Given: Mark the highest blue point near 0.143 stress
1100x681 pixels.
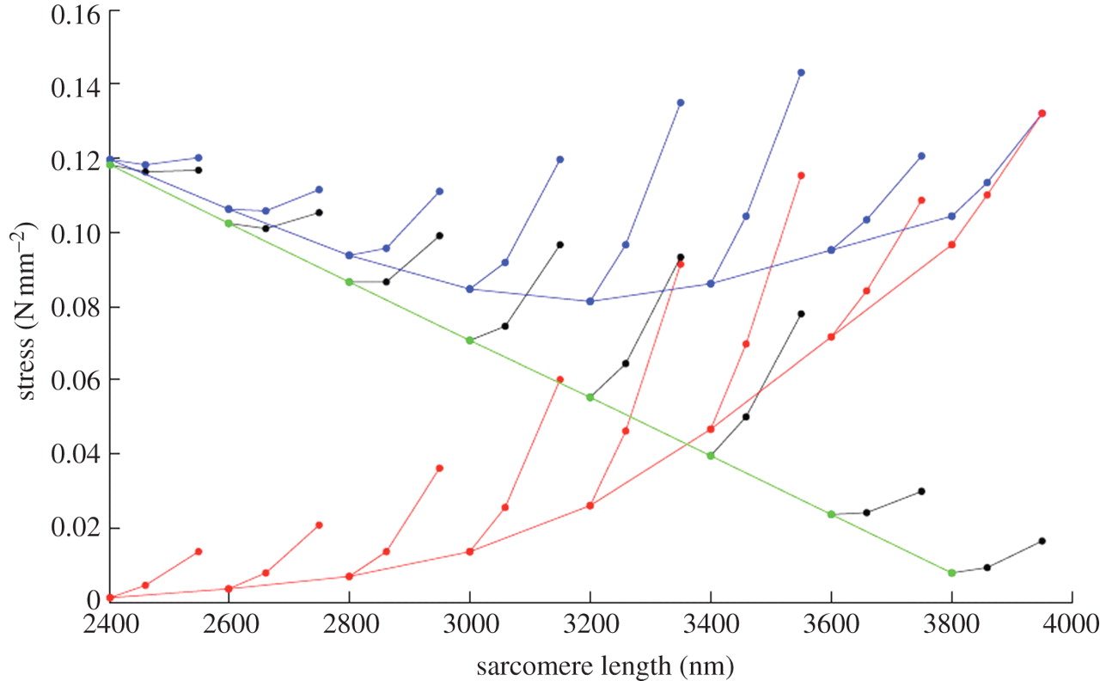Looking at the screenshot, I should [801, 72].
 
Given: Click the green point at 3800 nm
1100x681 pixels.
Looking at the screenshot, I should [951, 573].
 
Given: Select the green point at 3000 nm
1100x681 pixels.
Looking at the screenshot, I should [469, 340].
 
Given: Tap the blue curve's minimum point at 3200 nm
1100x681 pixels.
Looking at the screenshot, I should [590, 301].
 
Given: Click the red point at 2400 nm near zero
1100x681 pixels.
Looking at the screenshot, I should [110, 598].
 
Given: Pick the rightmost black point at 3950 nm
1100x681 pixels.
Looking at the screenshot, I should [1042, 541].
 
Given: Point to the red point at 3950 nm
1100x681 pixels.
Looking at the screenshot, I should [1042, 113].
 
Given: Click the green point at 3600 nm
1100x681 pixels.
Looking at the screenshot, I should [831, 514].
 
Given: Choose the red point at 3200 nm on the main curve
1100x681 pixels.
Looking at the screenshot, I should [590, 506].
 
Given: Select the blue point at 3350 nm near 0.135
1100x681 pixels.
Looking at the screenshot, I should [681, 102].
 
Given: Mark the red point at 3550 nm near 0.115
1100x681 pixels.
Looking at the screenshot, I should [801, 175].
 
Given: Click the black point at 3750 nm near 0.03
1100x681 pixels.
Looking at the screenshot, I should [921, 491].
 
